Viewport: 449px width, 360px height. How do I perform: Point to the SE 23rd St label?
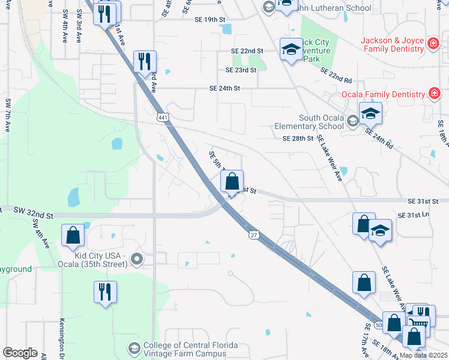pyautogui.click(x=241, y=70)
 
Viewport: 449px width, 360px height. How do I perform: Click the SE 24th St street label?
pyautogui.click(x=224, y=88)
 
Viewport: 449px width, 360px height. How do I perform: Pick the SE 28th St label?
pyautogui.click(x=298, y=139)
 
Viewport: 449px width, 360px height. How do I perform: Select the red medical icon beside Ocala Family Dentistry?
pyautogui.click(x=433, y=94)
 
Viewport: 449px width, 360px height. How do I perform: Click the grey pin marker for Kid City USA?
pyautogui.click(x=137, y=260)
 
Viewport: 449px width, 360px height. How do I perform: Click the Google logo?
pyautogui.click(x=20, y=353)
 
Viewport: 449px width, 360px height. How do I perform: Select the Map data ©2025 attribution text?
pyautogui.click(x=423, y=355)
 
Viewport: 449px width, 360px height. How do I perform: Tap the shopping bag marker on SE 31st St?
pyautogui.click(x=232, y=181)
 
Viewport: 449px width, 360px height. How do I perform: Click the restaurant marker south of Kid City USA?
pyautogui.click(x=104, y=292)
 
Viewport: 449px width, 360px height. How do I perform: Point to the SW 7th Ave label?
pyautogui.click(x=8, y=115)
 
